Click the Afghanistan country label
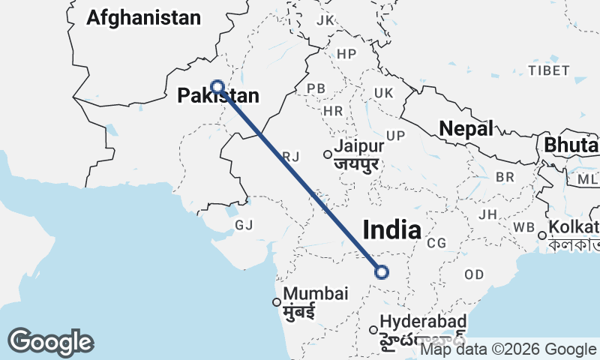144,18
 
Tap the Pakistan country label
218,96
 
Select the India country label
391,229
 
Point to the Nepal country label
466,128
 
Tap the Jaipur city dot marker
328,154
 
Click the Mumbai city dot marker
277,302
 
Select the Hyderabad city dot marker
373,329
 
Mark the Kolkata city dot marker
541,235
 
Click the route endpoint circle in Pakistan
217,86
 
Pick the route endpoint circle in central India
382,272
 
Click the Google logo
50,342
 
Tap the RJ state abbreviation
291,156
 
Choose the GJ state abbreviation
244,225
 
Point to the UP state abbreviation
395,135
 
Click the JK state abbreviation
325,20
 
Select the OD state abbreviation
474,274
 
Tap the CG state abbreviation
436,243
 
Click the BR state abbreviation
505,177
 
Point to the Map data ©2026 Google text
508,349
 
